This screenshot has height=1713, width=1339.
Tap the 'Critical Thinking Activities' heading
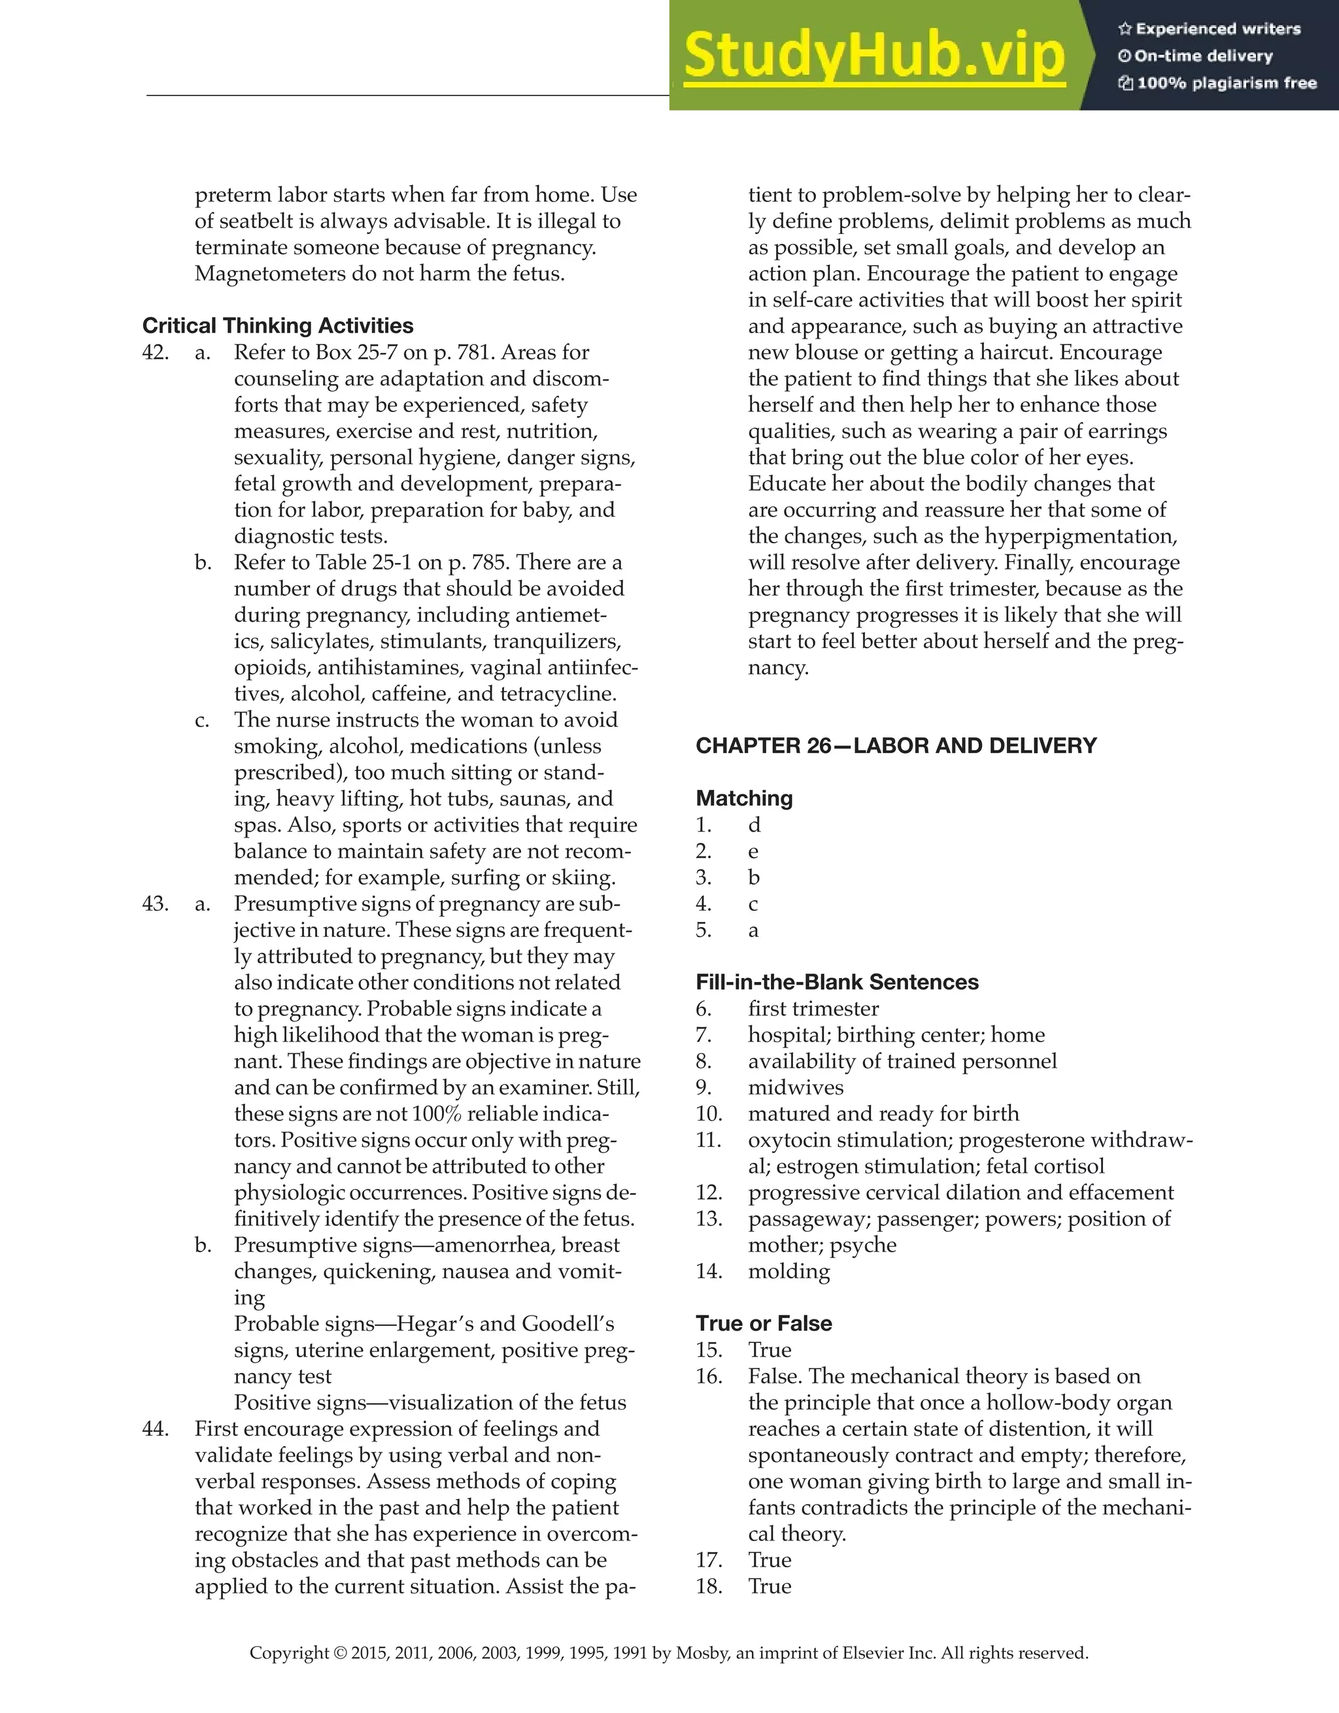tap(278, 326)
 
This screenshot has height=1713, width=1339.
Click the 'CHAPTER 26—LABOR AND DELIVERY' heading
tap(896, 745)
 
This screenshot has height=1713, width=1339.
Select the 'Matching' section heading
tap(743, 798)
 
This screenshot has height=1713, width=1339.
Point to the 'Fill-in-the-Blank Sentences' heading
tap(837, 982)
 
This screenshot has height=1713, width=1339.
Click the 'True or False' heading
tap(763, 1323)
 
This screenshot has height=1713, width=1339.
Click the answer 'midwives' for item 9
tap(796, 1087)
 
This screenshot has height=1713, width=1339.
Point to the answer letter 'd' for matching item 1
tap(754, 824)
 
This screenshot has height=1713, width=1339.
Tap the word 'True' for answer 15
tap(770, 1350)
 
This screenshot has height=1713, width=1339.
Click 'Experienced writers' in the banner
tap(1217, 29)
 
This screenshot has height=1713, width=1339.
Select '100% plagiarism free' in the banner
tap(1226, 83)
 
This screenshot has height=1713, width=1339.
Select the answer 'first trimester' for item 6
tap(813, 1009)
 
